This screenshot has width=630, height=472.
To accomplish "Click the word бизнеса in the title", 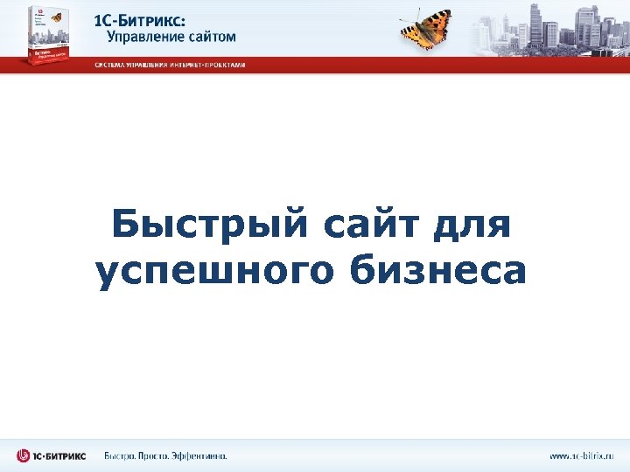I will (439, 271).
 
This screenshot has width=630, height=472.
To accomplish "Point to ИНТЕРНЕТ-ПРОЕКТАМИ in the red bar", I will (207, 65).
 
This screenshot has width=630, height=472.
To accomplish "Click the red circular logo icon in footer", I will (24, 455).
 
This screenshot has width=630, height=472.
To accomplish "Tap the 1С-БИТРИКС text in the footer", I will (61, 455).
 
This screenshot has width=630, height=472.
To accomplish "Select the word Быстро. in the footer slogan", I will (120, 455).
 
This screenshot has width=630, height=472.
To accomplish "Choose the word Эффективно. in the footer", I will (202, 455).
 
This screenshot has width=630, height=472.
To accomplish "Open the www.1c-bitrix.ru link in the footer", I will (582, 455).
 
